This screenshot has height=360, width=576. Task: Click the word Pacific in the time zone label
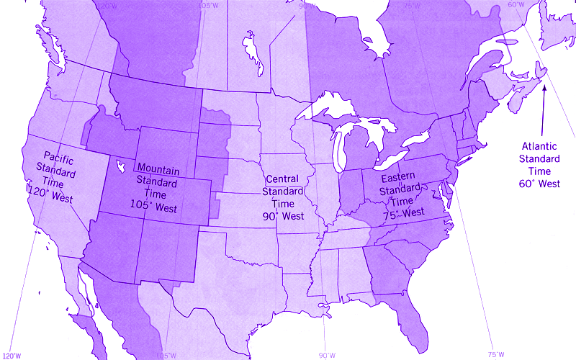[x=60, y=156]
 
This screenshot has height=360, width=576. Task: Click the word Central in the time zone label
[x=282, y=179]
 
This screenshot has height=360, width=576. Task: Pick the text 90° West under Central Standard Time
[x=283, y=215]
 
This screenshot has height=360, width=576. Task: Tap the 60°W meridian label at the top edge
[x=516, y=5]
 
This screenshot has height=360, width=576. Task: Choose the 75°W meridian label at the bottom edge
[x=495, y=355]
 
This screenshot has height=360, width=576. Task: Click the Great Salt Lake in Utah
[x=120, y=167]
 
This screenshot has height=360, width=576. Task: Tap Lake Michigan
[x=336, y=151]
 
